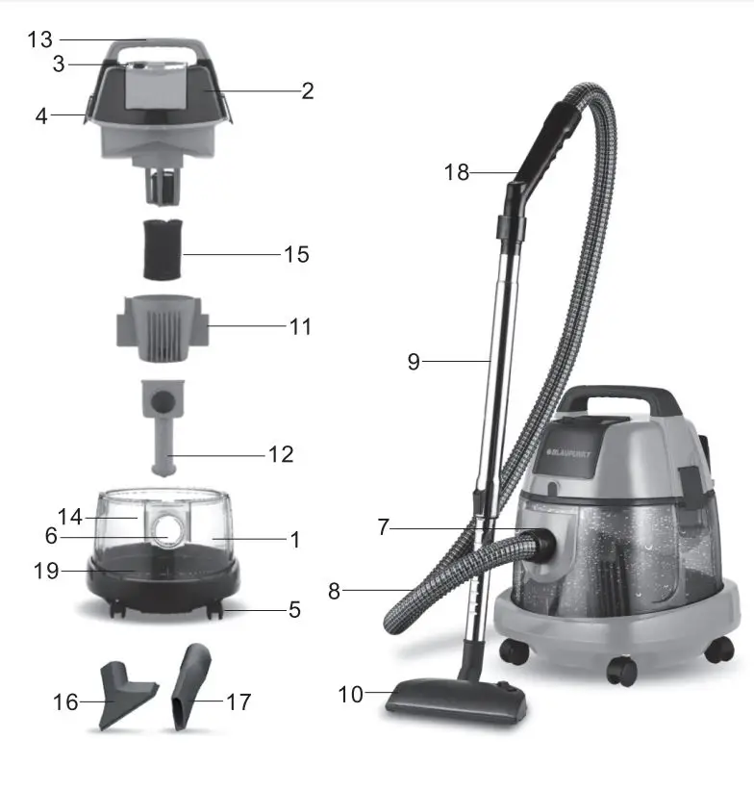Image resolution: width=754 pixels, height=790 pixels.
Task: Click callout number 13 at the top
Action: click(39, 39)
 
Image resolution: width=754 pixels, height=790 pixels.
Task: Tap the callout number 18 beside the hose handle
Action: click(457, 172)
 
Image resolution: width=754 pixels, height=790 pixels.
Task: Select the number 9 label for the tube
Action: click(414, 362)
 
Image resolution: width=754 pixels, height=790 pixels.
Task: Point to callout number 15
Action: click(296, 255)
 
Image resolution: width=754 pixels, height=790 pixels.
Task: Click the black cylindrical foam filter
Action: click(162, 248)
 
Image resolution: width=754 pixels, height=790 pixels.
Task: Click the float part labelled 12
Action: click(163, 423)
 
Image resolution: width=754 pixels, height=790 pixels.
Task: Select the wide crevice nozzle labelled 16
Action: click(120, 694)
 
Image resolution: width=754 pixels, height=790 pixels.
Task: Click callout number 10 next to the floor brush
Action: click(352, 694)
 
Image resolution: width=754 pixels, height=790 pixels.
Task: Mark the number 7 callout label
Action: click(383, 527)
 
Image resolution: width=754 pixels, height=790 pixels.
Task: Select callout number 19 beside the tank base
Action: click(45, 571)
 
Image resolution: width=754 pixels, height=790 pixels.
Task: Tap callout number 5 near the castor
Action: click(294, 610)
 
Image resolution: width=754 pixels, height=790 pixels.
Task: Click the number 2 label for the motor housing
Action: click(308, 91)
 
